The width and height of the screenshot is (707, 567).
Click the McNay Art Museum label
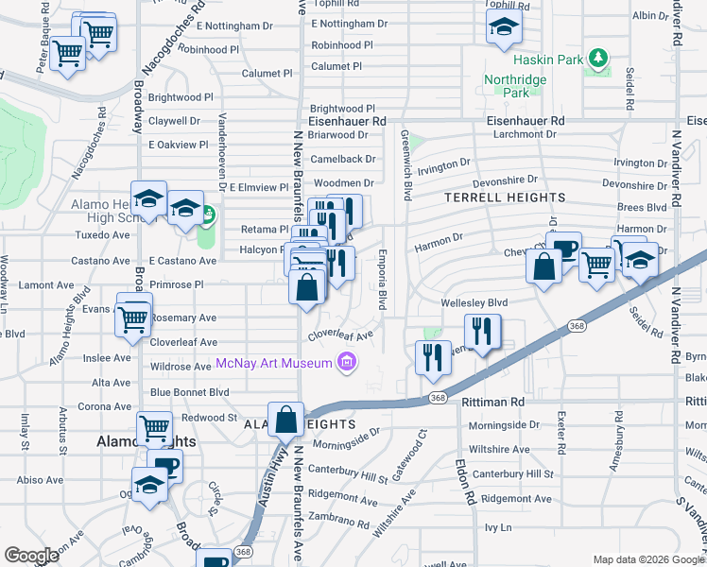[274, 363]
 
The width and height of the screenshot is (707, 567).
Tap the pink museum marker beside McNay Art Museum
[347, 362]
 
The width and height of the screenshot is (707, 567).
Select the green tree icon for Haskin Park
[597, 60]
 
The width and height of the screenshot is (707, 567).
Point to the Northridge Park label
[515, 87]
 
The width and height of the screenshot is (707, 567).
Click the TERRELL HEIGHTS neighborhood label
[505, 198]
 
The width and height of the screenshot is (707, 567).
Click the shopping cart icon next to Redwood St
[154, 429]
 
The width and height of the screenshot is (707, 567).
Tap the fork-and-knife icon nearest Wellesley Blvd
[483, 332]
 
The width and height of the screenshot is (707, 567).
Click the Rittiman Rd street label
[493, 402]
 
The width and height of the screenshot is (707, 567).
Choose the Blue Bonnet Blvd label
[189, 391]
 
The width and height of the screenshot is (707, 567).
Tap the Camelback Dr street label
[343, 159]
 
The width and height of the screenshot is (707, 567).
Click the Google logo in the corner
[32, 556]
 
